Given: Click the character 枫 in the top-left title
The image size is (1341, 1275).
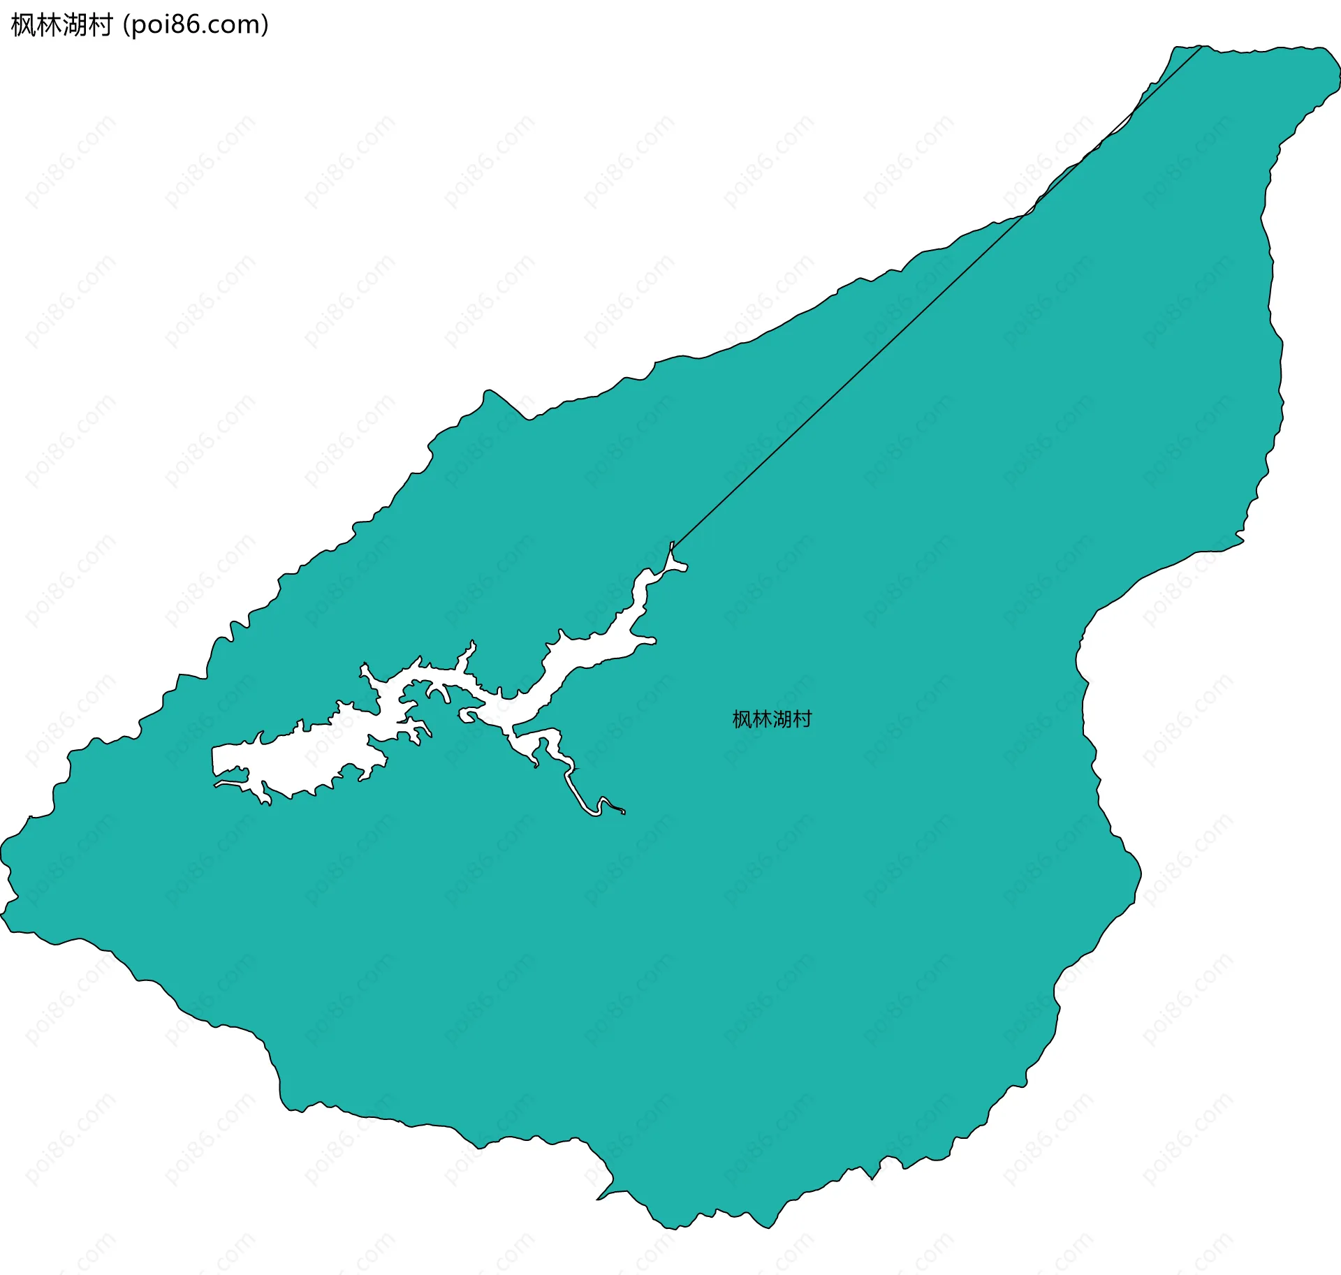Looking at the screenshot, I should pos(24,26).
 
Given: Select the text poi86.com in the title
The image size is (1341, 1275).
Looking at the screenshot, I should pos(195,26).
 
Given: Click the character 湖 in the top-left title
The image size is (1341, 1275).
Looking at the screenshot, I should pos(75,26).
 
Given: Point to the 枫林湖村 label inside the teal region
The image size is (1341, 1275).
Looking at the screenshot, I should pos(772,719).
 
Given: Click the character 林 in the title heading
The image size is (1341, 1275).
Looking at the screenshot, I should pos(49,26).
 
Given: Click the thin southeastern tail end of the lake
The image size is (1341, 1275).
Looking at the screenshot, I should pos(622,811).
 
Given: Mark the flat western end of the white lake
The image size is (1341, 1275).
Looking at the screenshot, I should pos(214,761).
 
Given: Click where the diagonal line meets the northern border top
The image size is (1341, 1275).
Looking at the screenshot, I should pos(1201,47).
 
